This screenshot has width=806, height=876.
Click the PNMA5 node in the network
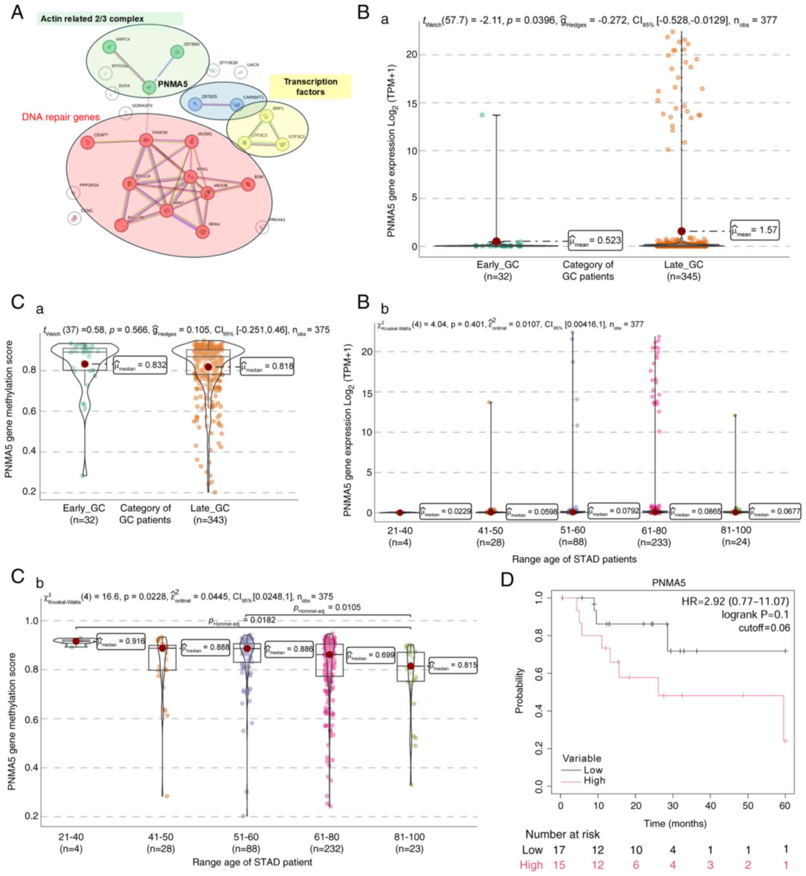point(150,87)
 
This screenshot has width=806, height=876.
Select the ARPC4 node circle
point(108,47)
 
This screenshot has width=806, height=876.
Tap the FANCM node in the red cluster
point(145,140)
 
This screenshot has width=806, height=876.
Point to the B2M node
point(248,185)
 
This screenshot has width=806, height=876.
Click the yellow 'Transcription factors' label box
point(310,87)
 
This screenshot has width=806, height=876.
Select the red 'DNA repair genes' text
point(61,117)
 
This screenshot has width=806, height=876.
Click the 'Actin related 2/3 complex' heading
point(92,19)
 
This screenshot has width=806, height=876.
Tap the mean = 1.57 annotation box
point(754,230)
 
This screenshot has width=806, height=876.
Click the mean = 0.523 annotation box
point(595,240)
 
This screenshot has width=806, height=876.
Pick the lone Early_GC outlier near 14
point(482,115)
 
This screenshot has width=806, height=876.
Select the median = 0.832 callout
point(140,365)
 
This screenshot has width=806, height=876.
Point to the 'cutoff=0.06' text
point(764,627)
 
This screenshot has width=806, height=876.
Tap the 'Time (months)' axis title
point(675,823)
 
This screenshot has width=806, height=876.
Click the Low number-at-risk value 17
point(559,850)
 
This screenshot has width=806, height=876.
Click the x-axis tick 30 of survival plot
point(673,806)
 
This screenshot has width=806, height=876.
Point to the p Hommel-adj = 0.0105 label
point(327,608)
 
